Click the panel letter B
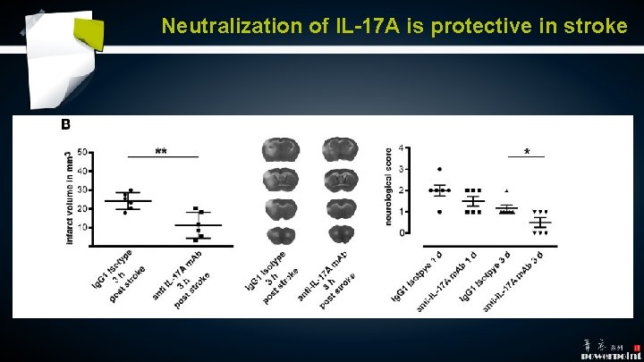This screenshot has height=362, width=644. [x=64, y=126]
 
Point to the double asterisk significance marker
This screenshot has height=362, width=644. [x=161, y=151]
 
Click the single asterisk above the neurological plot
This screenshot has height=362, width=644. [x=527, y=152]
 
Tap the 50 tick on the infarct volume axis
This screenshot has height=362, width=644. [x=82, y=152]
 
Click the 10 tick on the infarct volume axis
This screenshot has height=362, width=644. [x=82, y=227]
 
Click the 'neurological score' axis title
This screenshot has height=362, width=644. [x=389, y=186]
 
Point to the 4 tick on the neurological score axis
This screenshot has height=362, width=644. [x=400, y=147]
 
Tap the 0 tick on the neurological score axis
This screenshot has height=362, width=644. [x=400, y=232]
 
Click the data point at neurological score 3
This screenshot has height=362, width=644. [x=438, y=169]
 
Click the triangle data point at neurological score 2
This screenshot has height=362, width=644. [x=506, y=190]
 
